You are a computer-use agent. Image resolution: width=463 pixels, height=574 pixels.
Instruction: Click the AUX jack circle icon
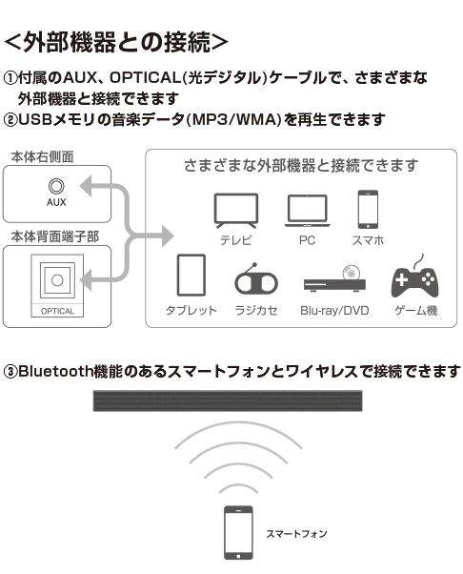click(56, 186)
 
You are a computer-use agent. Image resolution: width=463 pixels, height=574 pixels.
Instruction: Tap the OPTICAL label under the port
click(57, 311)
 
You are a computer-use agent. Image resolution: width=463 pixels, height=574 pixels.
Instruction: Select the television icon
click(236, 211)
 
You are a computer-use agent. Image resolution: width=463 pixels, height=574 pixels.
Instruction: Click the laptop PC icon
click(307, 211)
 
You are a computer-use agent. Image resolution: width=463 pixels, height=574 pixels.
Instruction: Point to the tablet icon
click(191, 275)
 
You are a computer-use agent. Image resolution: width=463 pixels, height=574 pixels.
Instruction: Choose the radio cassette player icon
click(256, 278)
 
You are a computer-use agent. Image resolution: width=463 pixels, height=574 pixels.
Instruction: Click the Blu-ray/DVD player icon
click(334, 279)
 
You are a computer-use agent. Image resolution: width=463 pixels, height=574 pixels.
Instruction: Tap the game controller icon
click(415, 277)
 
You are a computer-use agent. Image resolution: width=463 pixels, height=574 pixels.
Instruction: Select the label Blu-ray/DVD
click(334, 311)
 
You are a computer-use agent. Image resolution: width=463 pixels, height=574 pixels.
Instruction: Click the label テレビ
click(236, 240)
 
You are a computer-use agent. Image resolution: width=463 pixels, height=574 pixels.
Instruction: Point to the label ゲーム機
click(415, 311)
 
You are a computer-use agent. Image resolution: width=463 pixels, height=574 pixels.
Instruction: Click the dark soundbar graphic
click(228, 400)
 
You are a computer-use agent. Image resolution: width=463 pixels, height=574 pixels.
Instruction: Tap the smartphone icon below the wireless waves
click(238, 533)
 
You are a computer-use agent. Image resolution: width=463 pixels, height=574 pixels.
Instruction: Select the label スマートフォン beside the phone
click(296, 534)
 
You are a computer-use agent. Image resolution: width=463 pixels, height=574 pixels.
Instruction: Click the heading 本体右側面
click(43, 156)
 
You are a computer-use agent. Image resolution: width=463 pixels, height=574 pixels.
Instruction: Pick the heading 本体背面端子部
click(55, 236)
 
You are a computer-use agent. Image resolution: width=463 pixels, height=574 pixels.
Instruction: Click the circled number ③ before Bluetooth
click(10, 372)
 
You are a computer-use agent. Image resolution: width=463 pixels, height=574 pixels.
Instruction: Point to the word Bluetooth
click(55, 371)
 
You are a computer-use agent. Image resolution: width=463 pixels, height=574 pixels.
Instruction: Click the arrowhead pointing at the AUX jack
click(87, 186)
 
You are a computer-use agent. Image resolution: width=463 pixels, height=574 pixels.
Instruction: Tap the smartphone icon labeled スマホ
click(368, 209)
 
